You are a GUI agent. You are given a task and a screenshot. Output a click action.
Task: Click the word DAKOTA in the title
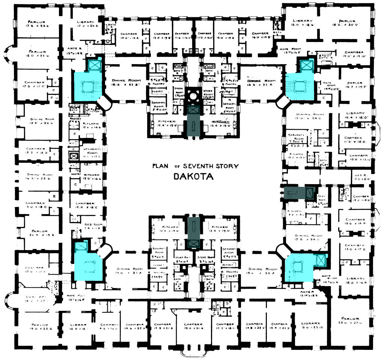point(193,176)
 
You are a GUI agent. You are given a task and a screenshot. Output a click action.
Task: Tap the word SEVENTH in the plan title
point(202,166)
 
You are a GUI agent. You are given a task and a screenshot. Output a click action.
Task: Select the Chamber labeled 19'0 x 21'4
point(193,326)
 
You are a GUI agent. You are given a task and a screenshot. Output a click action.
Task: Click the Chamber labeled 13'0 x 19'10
point(354,54)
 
